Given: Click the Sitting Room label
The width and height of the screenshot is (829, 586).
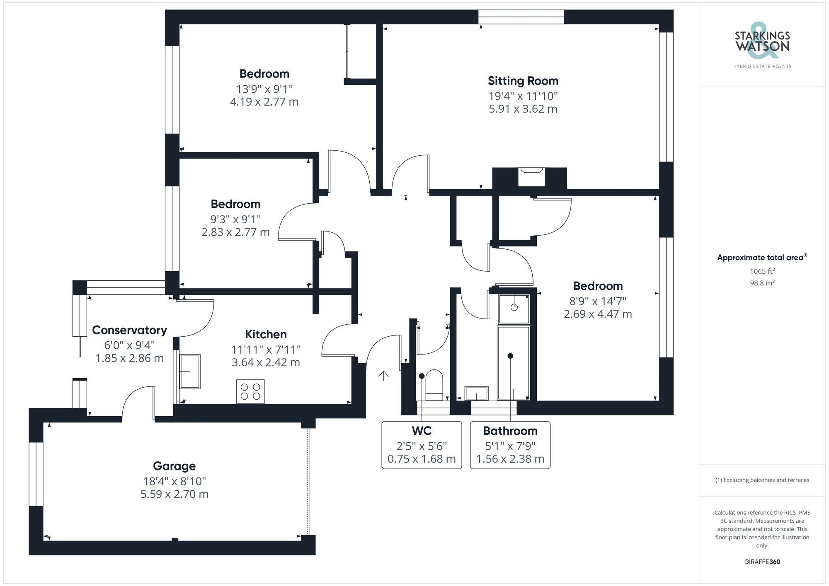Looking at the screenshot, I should [x=523, y=81].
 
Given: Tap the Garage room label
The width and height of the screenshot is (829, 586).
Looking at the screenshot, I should [x=174, y=466].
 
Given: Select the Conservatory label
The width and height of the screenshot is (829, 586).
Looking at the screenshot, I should [x=129, y=330].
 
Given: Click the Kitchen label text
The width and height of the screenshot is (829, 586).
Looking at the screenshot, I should [x=266, y=334].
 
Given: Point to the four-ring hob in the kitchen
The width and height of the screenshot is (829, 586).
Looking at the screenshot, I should [x=250, y=391].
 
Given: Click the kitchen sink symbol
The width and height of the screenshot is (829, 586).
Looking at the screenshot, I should [x=190, y=371].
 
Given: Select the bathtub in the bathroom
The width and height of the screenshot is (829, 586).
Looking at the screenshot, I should [x=514, y=363].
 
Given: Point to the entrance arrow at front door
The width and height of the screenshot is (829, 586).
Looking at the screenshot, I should [x=383, y=376].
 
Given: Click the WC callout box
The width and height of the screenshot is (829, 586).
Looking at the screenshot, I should [x=422, y=445].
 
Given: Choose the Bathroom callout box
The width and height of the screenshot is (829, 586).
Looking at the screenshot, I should [x=510, y=445].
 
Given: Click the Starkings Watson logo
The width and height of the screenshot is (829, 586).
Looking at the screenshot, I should [x=762, y=43].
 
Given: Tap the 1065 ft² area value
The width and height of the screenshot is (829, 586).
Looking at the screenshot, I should [x=762, y=271].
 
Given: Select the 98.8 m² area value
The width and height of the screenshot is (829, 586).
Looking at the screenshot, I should [x=762, y=283].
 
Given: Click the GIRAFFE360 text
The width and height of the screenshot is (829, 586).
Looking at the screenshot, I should [x=762, y=562].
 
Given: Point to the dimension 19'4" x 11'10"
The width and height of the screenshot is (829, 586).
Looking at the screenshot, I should [x=523, y=96].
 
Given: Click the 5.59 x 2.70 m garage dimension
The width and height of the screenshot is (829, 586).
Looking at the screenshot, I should [x=174, y=494].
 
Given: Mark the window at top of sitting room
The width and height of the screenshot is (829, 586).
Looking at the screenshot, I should [x=521, y=17].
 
